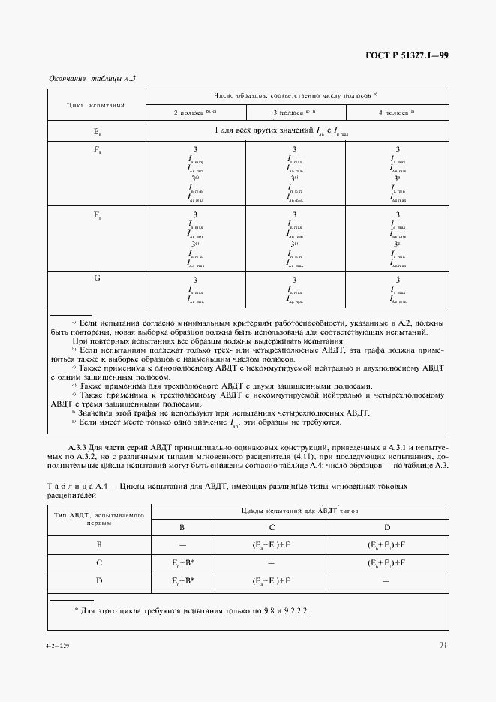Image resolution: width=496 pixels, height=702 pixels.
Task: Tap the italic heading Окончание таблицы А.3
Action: [x=92, y=78]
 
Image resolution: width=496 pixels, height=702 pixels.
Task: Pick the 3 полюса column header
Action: [x=295, y=112]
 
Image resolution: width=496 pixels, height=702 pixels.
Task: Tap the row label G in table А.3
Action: [x=97, y=279]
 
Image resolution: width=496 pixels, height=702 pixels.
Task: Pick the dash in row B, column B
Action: [x=182, y=545]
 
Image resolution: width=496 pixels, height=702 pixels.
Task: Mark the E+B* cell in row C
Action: [x=182, y=563]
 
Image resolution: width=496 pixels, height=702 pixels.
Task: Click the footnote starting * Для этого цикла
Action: [x=191, y=610]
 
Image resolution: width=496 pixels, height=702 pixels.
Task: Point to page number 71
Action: [x=443, y=644]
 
